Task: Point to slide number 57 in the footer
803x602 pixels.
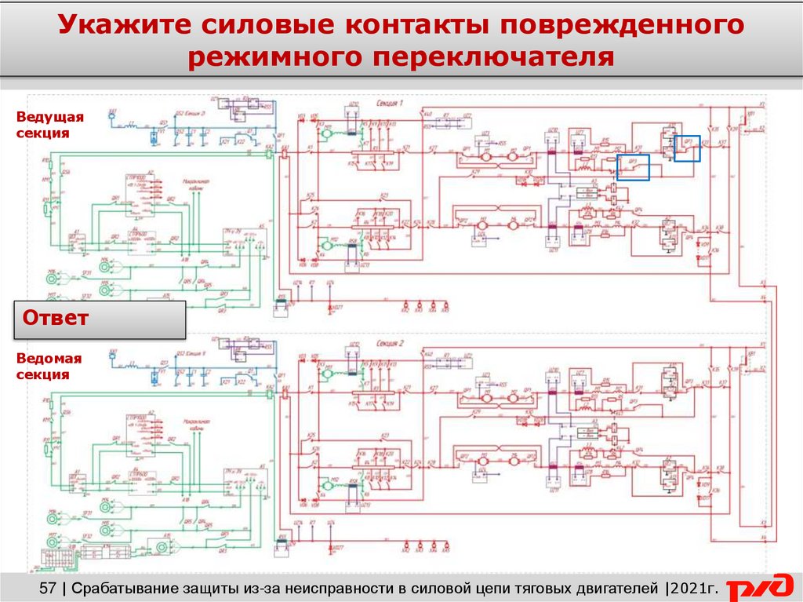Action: [48, 587]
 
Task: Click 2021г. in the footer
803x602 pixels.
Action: [695, 587]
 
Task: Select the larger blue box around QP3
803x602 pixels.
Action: [633, 167]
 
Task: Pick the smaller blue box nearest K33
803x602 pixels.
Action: [687, 148]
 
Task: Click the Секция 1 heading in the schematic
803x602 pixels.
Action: [390, 104]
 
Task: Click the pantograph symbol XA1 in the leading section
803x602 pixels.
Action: [112, 116]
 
